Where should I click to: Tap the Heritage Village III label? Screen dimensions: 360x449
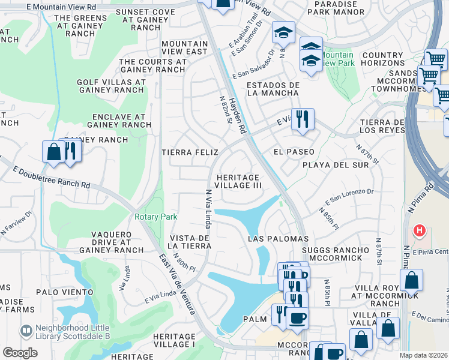coord(238,182)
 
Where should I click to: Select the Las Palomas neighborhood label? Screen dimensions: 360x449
coord(279,239)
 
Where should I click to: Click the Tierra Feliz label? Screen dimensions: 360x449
coord(190,153)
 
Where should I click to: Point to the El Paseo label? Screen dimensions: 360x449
coord(294,152)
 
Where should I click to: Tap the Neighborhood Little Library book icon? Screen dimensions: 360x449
coord(26,331)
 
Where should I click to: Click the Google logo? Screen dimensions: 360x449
coord(20,353)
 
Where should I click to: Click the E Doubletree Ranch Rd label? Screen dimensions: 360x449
coord(53,178)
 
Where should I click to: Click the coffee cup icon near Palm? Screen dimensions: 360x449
coord(297,317)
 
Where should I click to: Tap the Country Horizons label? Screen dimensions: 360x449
coord(383,59)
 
